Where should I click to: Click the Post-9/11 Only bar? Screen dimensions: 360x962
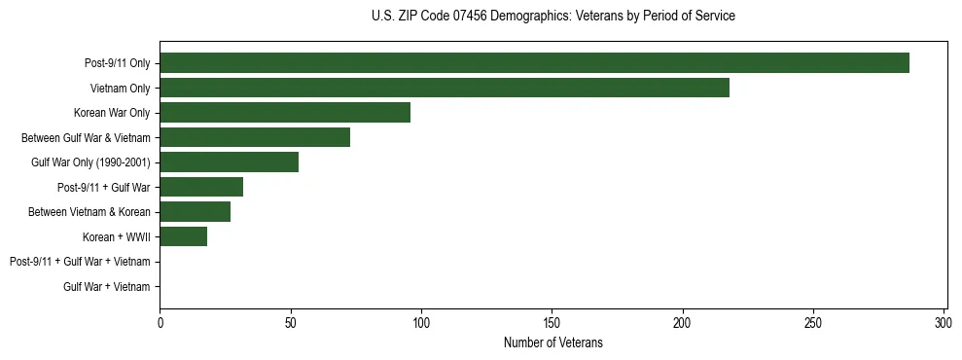[534, 63]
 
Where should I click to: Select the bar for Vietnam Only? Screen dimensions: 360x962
[445, 88]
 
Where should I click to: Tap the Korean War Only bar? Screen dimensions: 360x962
[285, 113]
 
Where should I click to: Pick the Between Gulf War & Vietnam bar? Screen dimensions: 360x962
[255, 137]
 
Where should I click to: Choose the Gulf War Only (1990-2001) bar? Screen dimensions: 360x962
[229, 162]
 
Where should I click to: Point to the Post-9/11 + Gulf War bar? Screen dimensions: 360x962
[201, 187]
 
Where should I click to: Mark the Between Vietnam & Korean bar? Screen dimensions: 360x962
[195, 212]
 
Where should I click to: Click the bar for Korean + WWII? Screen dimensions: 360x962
[183, 236]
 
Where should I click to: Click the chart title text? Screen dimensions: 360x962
[553, 17]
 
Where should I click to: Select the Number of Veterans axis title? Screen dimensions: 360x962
[553, 342]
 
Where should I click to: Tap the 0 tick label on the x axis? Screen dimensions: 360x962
[160, 322]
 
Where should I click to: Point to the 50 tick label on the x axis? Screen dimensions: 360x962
[290, 322]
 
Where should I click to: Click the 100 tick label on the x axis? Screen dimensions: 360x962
[421, 322]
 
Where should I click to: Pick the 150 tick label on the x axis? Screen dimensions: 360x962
[552, 322]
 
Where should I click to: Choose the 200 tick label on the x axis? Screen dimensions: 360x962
[683, 322]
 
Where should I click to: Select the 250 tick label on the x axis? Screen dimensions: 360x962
[813, 322]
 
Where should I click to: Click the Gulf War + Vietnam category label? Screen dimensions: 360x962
[107, 286]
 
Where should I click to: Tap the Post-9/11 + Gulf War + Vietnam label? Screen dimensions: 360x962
[80, 262]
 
